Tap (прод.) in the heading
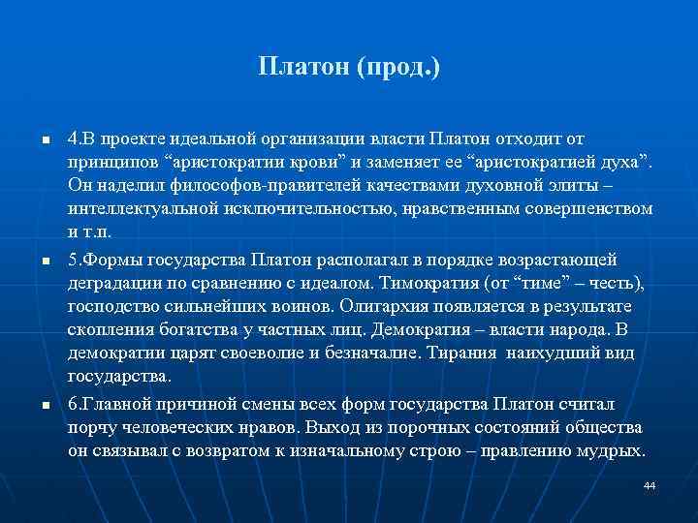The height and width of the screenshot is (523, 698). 398,69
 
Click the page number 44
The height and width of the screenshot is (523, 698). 650,484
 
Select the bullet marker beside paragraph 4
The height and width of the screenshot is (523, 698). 45,141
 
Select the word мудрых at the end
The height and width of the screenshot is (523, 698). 613,451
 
